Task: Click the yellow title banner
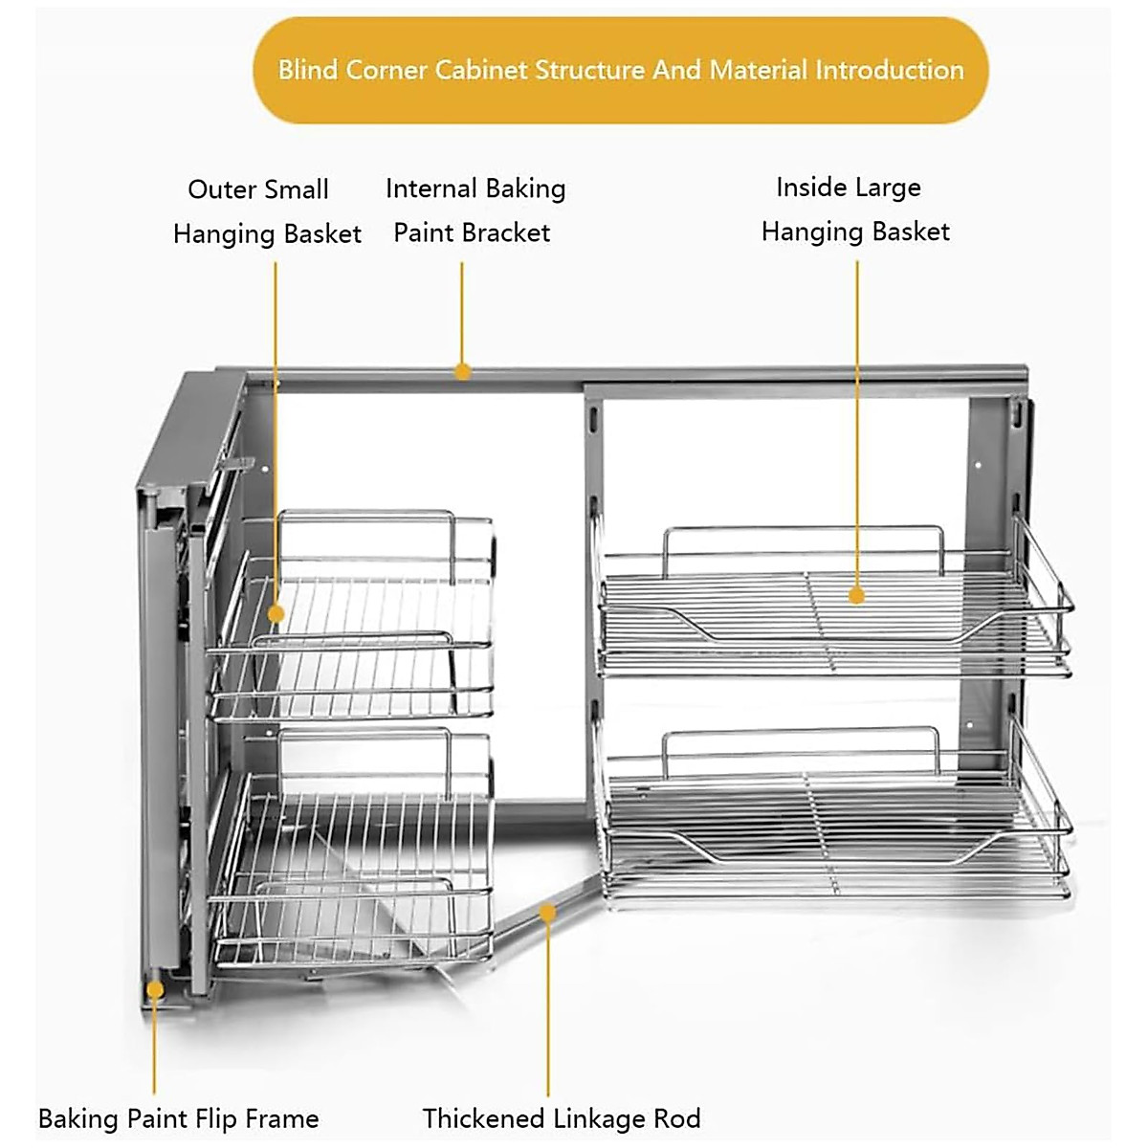620,70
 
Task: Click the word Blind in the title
308,70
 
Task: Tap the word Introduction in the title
889,70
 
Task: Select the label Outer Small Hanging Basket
266,211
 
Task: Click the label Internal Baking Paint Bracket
475,210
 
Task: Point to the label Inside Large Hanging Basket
854,210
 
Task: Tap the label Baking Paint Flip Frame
178,1118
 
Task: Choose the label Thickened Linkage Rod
562,1118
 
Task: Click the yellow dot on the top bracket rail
462,371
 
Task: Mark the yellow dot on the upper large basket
856,595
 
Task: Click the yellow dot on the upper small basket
276,613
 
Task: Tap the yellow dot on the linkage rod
547,913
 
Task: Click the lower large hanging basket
832,823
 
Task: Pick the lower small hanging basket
354,861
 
